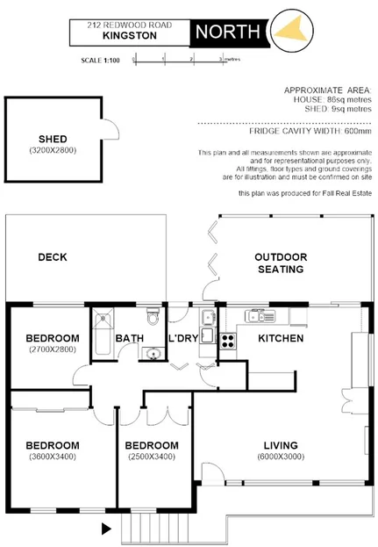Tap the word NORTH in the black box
[228, 32]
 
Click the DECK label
[53, 257]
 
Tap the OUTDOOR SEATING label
[281, 263]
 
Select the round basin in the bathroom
[153, 353]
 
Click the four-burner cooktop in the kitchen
[228, 339]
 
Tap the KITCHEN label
[281, 339]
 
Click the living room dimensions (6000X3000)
[281, 457]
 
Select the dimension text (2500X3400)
[152, 457]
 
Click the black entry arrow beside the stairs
[107, 529]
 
